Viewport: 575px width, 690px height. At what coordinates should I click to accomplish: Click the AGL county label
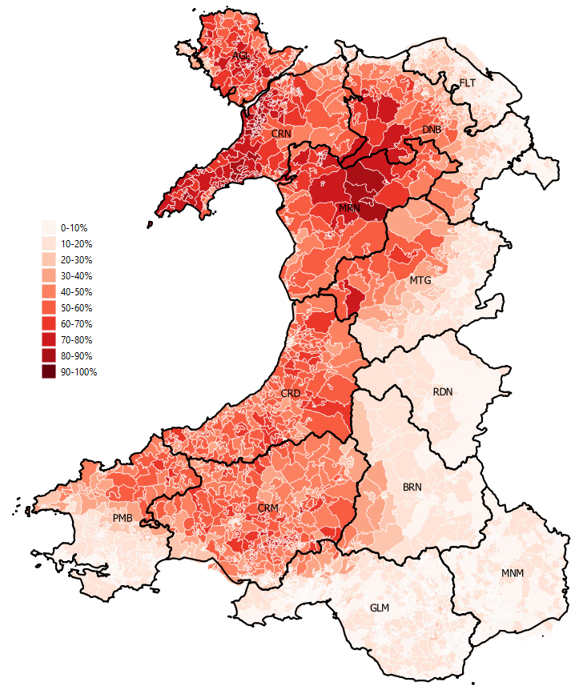click(240, 56)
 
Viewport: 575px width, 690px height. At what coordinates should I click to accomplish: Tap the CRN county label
click(280, 134)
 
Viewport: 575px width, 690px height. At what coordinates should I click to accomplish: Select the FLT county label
click(467, 83)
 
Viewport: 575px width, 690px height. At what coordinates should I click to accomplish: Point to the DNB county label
click(432, 130)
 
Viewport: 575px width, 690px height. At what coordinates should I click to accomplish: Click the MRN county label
click(349, 208)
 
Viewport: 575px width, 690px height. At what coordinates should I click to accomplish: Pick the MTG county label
click(420, 281)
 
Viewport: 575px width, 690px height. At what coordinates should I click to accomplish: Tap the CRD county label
click(291, 393)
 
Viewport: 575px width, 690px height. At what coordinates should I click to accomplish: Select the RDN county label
click(443, 392)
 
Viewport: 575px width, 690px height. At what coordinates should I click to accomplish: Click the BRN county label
click(412, 487)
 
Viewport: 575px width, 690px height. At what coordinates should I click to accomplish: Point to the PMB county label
click(123, 519)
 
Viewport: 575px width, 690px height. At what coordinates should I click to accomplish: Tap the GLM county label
click(380, 608)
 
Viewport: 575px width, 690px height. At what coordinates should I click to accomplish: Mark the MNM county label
click(513, 574)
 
